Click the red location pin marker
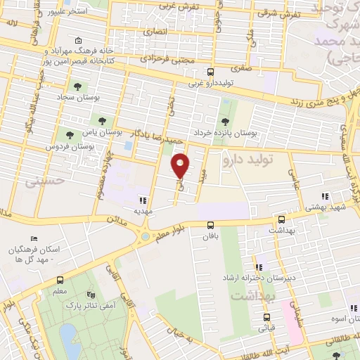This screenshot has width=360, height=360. coord(181,165)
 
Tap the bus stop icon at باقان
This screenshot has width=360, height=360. coord(210,225)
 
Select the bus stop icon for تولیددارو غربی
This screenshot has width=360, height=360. coord(210,72)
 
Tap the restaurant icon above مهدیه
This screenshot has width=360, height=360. coord(143,199)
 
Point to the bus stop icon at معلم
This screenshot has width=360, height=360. coord(59,280)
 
